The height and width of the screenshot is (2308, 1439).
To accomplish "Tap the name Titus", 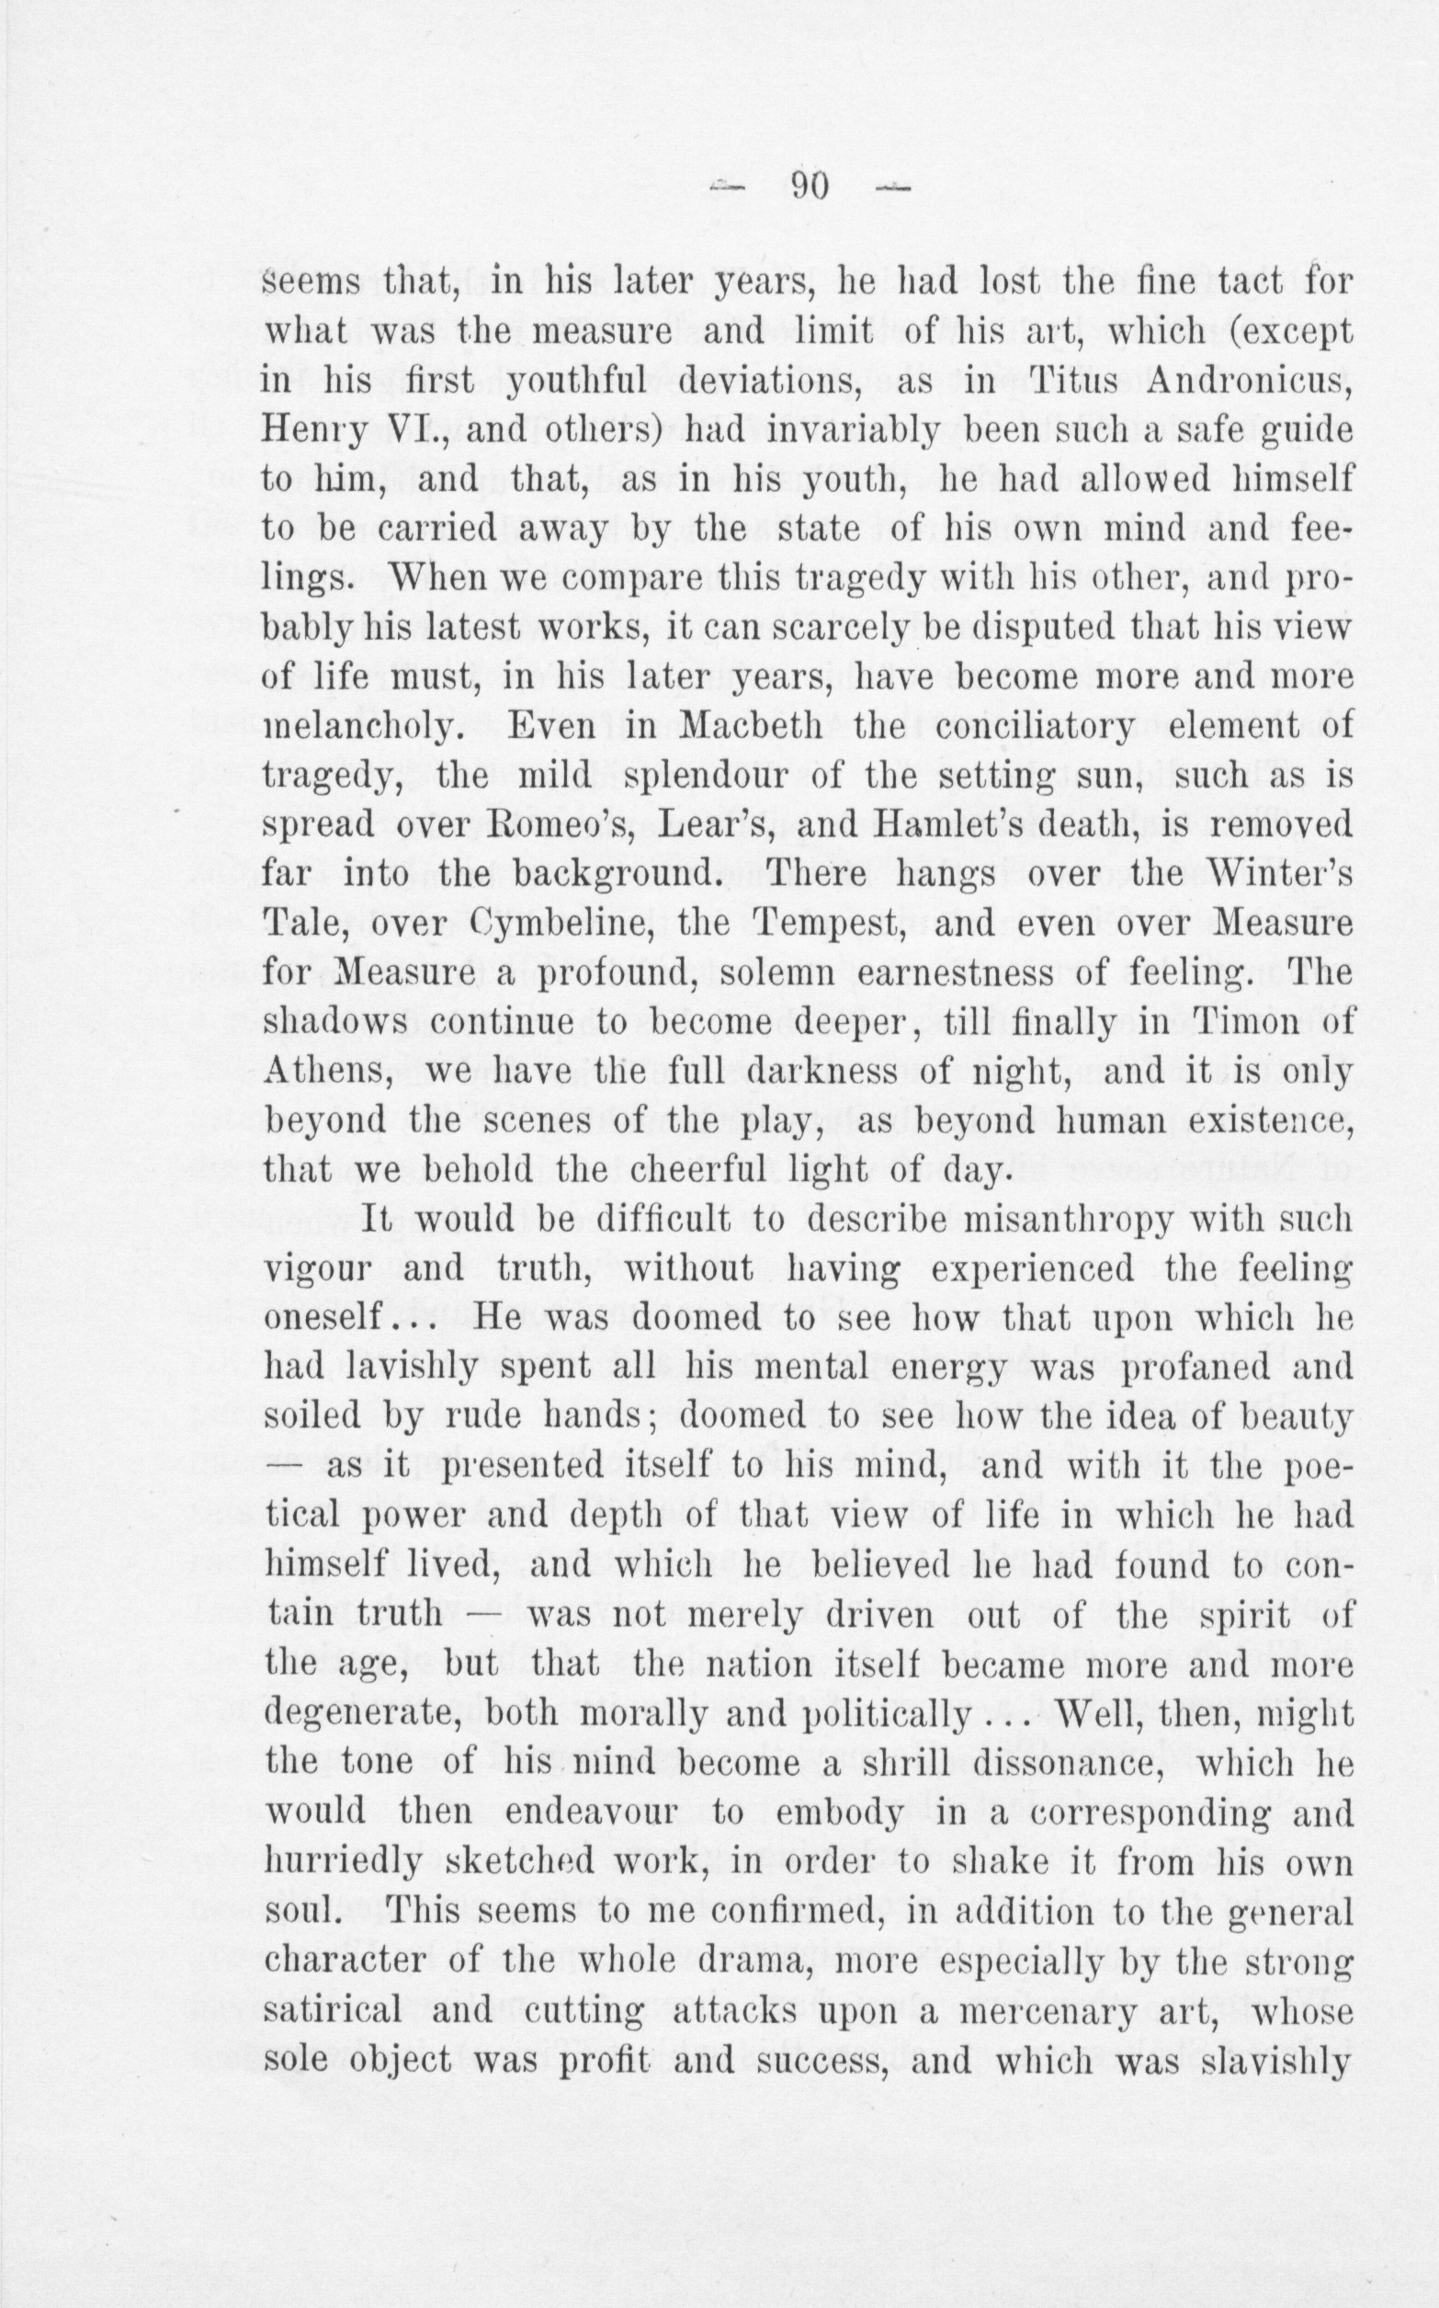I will click(x=1078, y=381).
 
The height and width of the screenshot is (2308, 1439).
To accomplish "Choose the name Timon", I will click(x=1247, y=1021).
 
